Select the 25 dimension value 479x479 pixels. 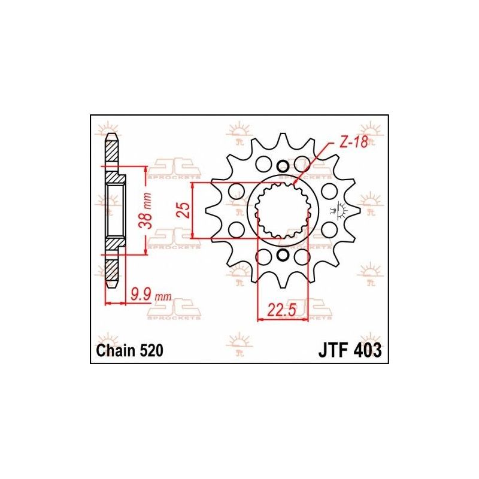(186, 210)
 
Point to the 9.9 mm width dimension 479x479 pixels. (142, 294)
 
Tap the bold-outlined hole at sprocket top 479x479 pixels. (283, 166)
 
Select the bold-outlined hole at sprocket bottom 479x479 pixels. (283, 256)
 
